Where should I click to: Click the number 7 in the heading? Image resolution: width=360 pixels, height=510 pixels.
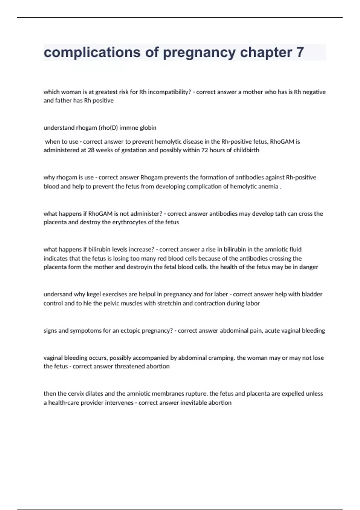click(x=300, y=52)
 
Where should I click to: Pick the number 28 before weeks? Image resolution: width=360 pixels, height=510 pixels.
click(x=91, y=150)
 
